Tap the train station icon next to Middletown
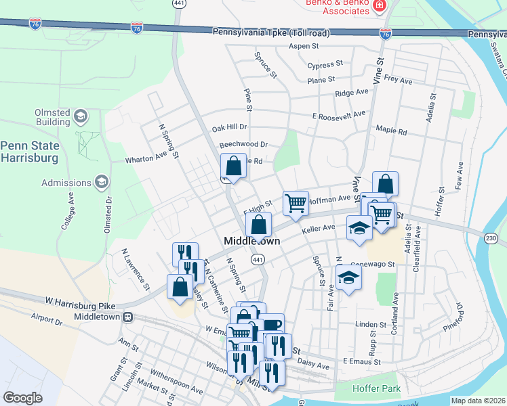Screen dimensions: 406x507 [127, 317]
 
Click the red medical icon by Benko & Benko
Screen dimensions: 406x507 [379, 6]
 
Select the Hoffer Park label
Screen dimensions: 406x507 [376, 389]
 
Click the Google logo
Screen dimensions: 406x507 [22, 397]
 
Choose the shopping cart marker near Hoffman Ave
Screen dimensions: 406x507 [296, 202]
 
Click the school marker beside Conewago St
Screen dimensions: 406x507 [348, 277]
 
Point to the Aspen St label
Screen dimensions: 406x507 [303, 46]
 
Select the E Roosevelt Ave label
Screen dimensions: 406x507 [339, 115]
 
